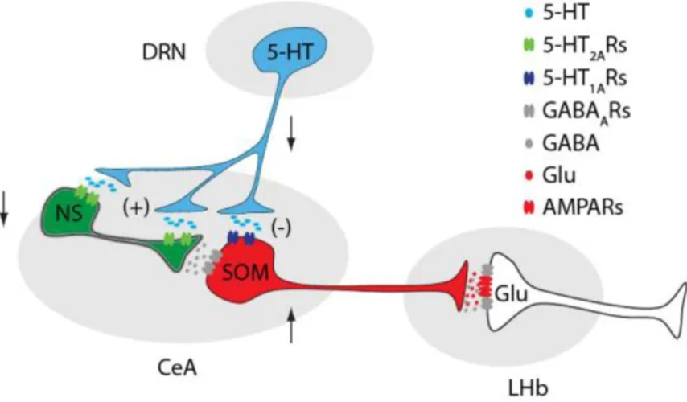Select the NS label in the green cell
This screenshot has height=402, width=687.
(66, 215)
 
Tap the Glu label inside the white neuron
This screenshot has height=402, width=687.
(512, 295)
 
